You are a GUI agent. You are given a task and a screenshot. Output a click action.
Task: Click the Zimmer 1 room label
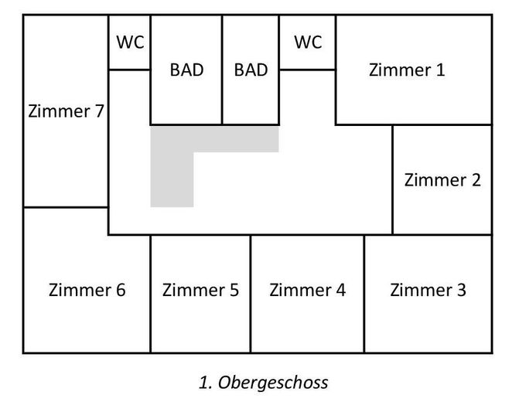tap(407, 70)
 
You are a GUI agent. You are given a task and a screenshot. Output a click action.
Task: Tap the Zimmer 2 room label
tap(442, 180)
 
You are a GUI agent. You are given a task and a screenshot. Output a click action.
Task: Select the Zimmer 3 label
tap(428, 291)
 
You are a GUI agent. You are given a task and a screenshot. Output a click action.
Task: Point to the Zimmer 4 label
tap(307, 291)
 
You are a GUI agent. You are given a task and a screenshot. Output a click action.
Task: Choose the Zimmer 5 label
tap(200, 291)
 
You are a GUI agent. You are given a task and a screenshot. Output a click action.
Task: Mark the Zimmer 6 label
tap(87, 291)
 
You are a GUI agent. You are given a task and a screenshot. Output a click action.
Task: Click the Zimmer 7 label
tap(66, 111)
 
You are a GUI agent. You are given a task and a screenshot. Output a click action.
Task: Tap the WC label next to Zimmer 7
tap(130, 42)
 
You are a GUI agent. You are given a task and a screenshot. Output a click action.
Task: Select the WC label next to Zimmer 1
tap(307, 42)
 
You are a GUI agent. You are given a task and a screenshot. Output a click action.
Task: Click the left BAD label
tap(186, 70)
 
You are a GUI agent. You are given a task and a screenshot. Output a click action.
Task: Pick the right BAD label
tap(251, 70)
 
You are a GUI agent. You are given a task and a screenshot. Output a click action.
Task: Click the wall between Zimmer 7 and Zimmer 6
tap(66, 207)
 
